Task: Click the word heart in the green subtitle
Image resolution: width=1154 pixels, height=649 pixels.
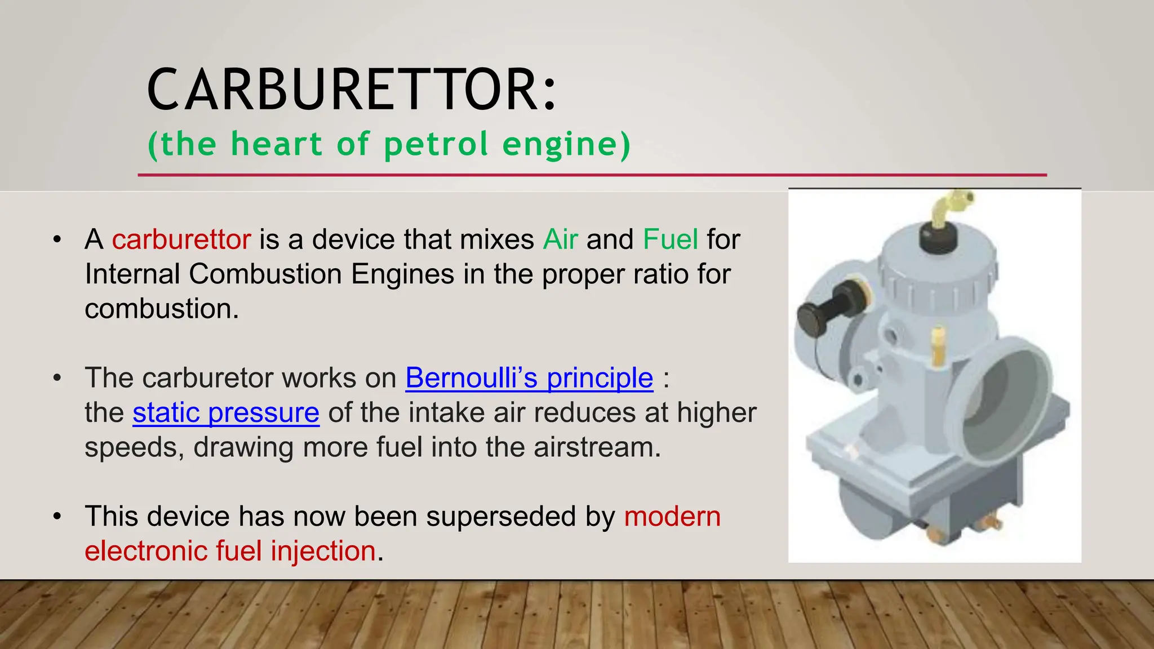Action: pos(276,144)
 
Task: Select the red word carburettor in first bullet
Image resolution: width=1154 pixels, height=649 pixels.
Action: pos(181,239)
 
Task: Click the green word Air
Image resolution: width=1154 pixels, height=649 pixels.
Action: pos(560,239)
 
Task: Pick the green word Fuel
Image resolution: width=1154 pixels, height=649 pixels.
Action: pos(670,239)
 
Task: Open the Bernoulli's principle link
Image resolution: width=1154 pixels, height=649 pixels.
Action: pos(529,378)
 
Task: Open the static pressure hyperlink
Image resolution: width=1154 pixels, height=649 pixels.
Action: pos(226,413)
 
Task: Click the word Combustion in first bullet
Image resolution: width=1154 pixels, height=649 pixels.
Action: pos(265,274)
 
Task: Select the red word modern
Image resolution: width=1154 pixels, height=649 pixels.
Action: pos(672,517)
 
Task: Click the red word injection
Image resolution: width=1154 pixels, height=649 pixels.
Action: pos(323,551)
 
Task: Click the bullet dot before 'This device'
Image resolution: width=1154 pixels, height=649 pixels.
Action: pos(57,517)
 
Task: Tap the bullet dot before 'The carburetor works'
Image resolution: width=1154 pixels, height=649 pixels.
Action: pos(57,378)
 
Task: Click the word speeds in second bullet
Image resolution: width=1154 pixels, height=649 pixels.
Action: pos(134,447)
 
